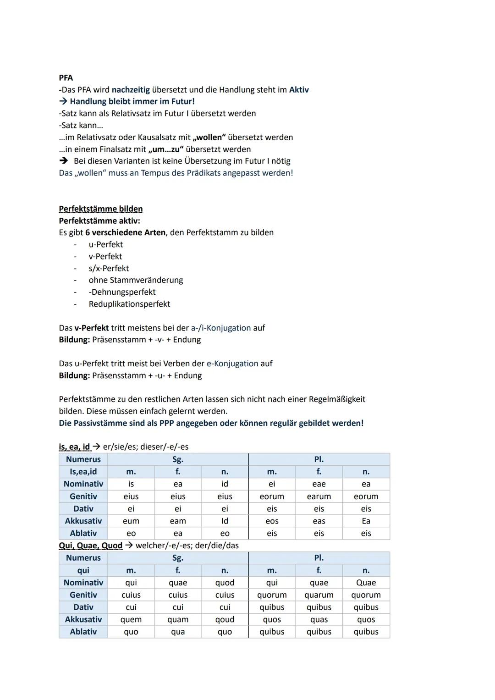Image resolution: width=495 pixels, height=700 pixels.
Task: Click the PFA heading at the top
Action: coord(66,77)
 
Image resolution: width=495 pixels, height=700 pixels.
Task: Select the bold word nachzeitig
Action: coord(131,89)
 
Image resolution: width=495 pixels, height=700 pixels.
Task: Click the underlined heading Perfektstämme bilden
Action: coord(101,209)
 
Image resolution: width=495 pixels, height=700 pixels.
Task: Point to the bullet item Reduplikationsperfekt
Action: coord(129,304)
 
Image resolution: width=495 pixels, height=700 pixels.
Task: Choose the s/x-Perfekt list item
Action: coord(109,268)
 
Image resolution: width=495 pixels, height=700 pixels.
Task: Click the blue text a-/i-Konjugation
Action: coord(221,328)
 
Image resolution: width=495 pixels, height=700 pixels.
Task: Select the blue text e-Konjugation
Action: coord(232,364)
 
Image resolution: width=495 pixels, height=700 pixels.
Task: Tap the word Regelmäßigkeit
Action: coord(337,399)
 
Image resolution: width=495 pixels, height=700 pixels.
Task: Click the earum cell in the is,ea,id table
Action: coord(319,496)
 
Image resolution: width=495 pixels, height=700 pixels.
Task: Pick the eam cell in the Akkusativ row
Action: coord(178,521)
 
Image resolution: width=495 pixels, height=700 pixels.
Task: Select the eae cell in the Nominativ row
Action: coord(319,484)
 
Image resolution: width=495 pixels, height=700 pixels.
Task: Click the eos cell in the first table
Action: coord(272,521)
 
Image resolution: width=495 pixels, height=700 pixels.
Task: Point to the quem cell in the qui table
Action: coord(131,619)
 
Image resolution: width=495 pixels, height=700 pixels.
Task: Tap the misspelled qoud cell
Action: coord(225,619)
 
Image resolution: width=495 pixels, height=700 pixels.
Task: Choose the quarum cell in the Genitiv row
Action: coord(319,595)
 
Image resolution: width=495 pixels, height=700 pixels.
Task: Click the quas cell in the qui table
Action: coord(319,619)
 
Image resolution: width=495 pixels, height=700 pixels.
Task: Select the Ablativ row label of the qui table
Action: coord(83,632)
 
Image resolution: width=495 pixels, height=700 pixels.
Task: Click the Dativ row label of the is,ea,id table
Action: coord(83,509)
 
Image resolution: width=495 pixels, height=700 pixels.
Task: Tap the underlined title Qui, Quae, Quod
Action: coord(91,546)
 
